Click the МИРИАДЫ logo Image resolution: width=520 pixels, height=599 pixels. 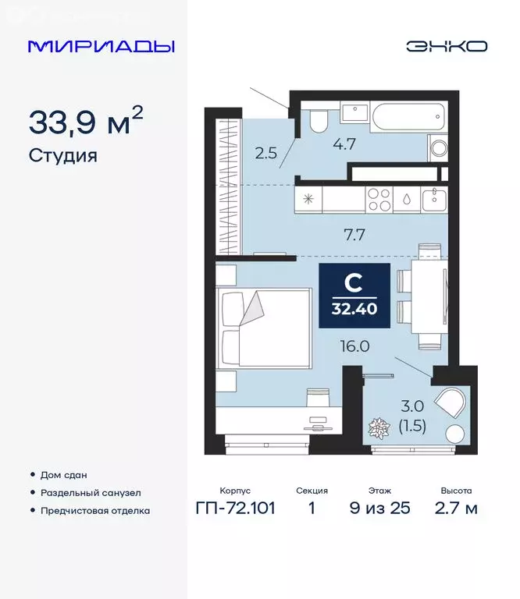[101, 46]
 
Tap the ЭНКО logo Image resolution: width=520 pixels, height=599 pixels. [446, 46]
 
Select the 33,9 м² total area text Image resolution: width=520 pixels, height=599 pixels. [86, 122]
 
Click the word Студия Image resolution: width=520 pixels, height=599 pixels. [63, 155]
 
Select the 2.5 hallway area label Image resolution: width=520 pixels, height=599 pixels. [266, 153]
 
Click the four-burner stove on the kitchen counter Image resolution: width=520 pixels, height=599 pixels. [379, 200]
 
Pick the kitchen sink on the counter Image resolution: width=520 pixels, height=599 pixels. [433, 200]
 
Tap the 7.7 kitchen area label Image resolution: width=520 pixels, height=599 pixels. [344, 231]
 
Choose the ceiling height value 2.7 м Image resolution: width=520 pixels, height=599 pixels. [455, 509]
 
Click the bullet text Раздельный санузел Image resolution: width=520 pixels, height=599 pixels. [98, 493]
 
